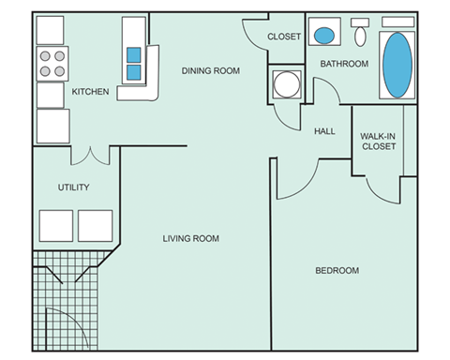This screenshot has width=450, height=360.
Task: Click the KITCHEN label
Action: coord(91,92)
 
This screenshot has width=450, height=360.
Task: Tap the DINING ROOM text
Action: coord(211,70)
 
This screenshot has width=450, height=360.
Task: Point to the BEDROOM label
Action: coord(337,271)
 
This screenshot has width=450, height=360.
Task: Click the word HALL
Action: coord(325,131)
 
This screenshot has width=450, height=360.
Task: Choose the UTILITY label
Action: coord(73,187)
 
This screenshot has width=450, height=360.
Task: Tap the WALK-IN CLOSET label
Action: coord(377,141)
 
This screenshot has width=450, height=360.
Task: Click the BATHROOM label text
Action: coord(344,64)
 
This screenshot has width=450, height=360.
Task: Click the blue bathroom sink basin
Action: coord(324,36)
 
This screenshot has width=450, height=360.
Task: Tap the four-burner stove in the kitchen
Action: coord(52,63)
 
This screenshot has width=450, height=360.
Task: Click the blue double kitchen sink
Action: coord(134,63)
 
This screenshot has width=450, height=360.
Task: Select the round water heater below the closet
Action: coord(286,84)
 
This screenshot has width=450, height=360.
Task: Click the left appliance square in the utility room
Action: coord(55,226)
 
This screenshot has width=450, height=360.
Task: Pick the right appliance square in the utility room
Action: coord(95,226)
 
